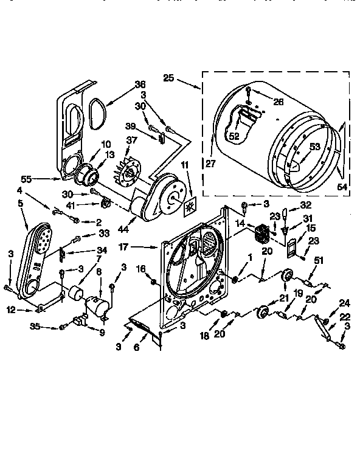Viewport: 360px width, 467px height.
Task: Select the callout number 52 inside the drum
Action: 234,137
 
